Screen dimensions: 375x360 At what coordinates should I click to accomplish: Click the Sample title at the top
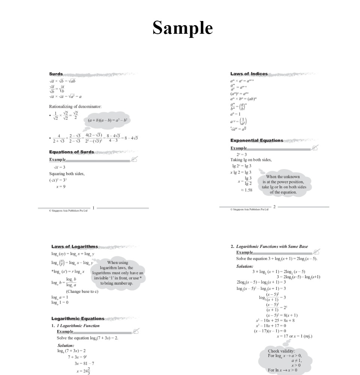[x=182, y=28]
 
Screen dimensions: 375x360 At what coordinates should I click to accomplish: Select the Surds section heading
[x=56, y=74]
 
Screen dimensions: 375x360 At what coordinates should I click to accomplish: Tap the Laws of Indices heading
[x=249, y=74]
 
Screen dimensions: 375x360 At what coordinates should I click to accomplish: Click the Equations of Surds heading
[x=72, y=152]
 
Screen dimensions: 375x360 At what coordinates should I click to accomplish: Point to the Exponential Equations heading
[x=257, y=140]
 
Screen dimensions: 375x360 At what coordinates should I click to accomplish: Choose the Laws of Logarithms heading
[x=75, y=246]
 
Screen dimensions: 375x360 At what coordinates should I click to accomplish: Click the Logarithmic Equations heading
[x=78, y=319]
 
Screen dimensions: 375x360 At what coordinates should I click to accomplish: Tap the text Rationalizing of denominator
[x=75, y=106]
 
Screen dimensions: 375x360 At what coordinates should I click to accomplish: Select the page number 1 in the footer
[x=93, y=207]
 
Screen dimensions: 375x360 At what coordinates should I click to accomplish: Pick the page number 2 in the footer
[x=274, y=207]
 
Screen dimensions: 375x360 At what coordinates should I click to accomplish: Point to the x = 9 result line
[x=59, y=186]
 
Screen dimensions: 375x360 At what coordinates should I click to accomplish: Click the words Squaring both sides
[x=67, y=174]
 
